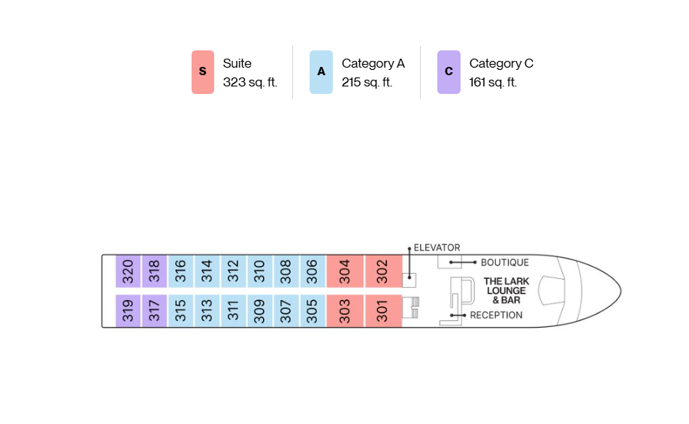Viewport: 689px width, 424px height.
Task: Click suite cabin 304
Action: click(x=345, y=271)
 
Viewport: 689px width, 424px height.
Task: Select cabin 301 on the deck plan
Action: click(x=384, y=311)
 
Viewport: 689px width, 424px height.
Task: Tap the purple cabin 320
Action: click(x=128, y=271)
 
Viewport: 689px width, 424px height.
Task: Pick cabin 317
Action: click(x=154, y=311)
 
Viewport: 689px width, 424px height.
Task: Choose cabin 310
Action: click(x=260, y=271)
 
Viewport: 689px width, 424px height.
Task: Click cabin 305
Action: click(x=313, y=311)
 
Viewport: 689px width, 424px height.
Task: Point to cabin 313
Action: click(x=207, y=311)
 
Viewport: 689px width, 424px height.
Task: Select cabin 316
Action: click(x=180, y=271)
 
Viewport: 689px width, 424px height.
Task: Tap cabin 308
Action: click(x=286, y=271)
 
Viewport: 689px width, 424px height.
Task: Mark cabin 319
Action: click(x=128, y=311)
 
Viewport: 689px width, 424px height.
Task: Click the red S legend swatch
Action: click(x=203, y=72)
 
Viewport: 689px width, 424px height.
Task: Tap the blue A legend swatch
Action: click(x=322, y=72)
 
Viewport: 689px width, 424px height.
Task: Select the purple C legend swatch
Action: click(x=449, y=72)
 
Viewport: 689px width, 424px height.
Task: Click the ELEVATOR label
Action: click(x=437, y=247)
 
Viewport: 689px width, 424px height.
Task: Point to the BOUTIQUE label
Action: click(x=505, y=262)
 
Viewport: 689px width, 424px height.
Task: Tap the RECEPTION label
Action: click(x=496, y=315)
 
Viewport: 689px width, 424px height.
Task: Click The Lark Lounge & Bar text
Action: click(x=506, y=291)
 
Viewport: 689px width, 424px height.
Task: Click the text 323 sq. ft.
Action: click(x=250, y=82)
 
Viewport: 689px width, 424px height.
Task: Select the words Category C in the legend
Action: click(x=501, y=64)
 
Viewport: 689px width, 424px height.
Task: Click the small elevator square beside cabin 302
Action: click(x=409, y=280)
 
